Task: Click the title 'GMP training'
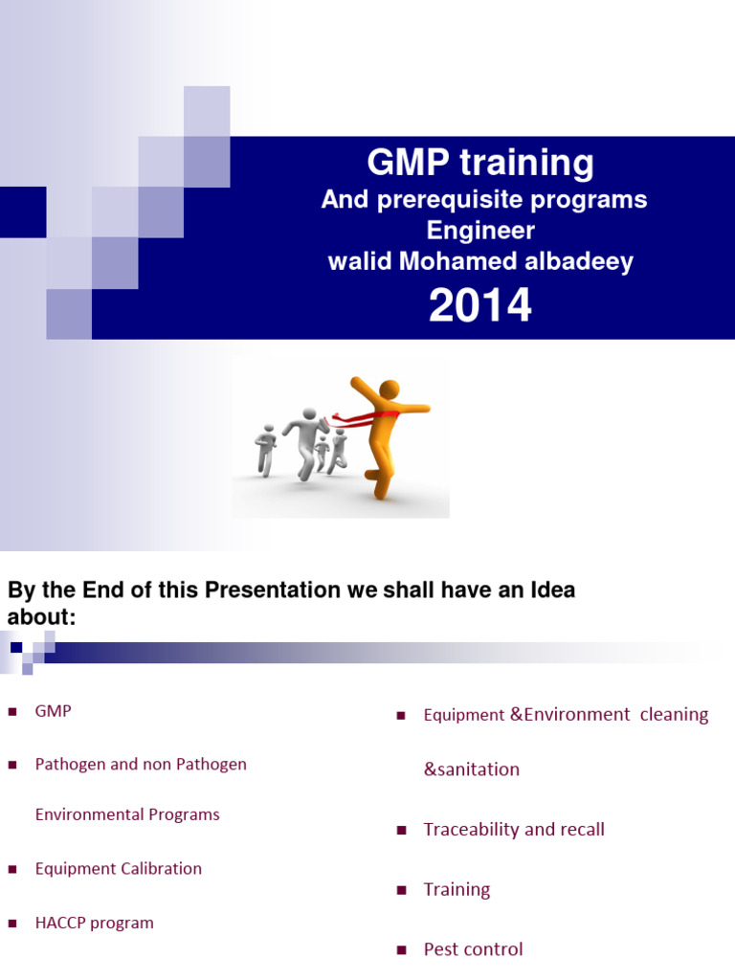pos(480,164)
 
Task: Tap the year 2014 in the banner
pos(480,306)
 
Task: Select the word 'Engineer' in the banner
pos(480,231)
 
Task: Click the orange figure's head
pos(390,390)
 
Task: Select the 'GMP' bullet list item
pos(53,711)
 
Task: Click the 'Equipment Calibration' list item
pos(118,869)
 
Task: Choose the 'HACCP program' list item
pos(94,924)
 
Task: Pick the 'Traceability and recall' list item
pos(514,830)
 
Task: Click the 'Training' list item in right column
pos(457,889)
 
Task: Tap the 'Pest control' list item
pos(473,949)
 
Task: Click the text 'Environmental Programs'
pos(127,814)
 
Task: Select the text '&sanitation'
pos(471,769)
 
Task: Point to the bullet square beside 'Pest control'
pos(402,950)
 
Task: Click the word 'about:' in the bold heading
pos(41,618)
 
